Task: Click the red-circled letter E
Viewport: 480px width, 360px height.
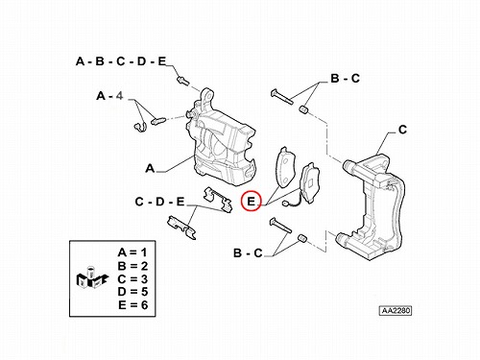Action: point(252,202)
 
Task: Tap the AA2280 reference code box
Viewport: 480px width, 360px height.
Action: point(396,310)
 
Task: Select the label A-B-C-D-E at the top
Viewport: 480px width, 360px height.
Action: point(121,61)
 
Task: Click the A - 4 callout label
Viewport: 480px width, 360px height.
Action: point(109,96)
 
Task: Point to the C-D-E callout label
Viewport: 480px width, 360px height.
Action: point(160,202)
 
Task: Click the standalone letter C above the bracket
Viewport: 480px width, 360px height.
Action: point(402,130)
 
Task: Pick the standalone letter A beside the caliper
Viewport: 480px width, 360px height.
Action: point(150,168)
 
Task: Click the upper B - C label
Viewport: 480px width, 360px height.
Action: point(346,78)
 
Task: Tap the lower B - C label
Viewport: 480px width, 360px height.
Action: point(248,253)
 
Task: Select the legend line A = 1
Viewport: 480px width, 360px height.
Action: point(132,252)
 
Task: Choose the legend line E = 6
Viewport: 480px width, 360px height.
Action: point(133,305)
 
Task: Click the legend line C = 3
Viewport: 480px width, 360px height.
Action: point(132,279)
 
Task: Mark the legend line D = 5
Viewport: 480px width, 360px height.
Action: point(132,292)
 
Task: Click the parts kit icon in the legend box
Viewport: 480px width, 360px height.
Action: point(92,277)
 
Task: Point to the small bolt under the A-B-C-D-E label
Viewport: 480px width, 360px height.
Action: point(182,80)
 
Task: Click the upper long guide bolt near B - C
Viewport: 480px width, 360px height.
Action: point(281,97)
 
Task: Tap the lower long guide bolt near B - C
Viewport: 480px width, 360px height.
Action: point(280,225)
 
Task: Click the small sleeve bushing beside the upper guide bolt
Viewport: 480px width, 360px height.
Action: point(304,109)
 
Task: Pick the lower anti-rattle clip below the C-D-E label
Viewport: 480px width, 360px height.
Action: point(181,228)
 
